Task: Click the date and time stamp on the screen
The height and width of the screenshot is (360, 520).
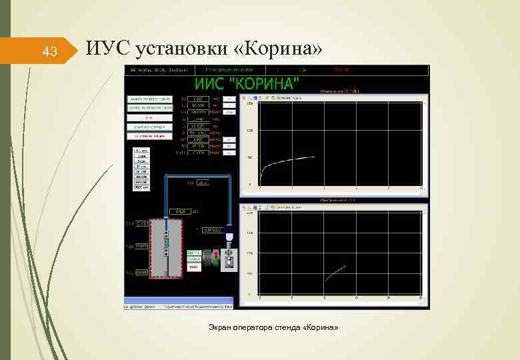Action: tap(159, 69)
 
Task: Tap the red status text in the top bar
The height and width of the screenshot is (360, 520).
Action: tap(341, 69)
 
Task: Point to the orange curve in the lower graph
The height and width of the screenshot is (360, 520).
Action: tap(335, 272)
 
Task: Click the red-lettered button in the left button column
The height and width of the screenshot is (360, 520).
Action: tap(149, 136)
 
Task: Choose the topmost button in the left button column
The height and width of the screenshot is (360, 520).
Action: tap(149, 99)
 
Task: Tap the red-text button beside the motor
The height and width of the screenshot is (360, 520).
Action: tap(193, 267)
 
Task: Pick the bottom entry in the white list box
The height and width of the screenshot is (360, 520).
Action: tap(141, 189)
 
